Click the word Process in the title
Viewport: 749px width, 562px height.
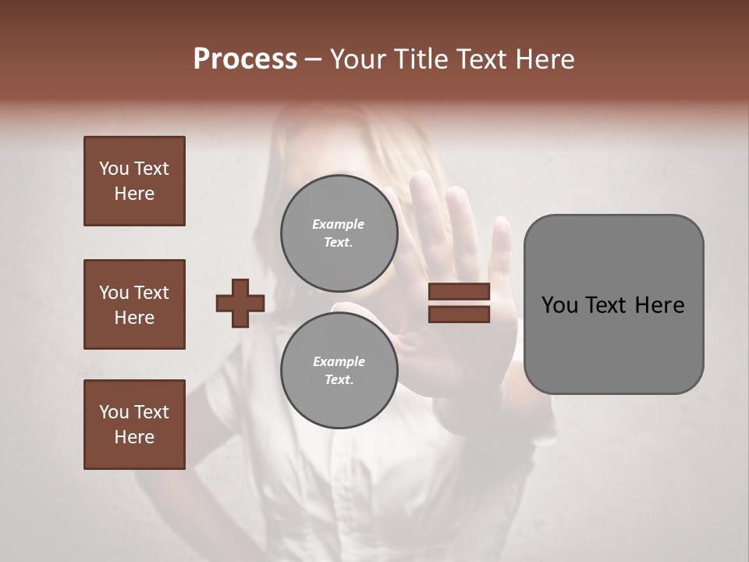245,59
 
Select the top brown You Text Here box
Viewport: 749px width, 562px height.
134,181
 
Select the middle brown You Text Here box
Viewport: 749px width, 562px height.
134,304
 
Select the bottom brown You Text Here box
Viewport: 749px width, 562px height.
134,424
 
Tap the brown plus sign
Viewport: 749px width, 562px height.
240,303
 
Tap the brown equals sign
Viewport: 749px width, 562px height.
459,303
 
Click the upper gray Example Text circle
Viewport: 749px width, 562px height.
339,233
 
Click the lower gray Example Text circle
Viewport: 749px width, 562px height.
339,370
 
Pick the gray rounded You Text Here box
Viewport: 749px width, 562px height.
613,304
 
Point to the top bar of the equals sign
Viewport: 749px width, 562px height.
459,292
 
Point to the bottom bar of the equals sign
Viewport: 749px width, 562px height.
459,314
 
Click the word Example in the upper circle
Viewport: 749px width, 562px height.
338,224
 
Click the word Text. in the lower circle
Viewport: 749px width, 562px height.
339,379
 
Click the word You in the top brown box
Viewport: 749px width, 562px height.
114,169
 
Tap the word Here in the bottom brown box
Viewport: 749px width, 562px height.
134,437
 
